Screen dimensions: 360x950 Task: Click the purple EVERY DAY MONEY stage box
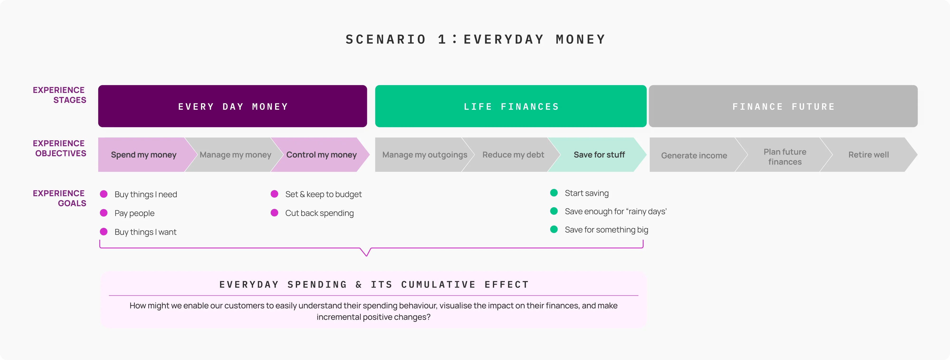pyautogui.click(x=232, y=106)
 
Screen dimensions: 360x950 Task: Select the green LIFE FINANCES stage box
pyautogui.click(x=511, y=106)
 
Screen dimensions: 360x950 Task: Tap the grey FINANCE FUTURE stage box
pyautogui.click(x=783, y=106)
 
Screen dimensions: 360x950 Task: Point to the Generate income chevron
pyautogui.click(x=694, y=155)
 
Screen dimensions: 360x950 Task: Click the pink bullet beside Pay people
pyautogui.click(x=104, y=213)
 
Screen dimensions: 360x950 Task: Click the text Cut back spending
pyautogui.click(x=319, y=213)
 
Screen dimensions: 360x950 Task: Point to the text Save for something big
pyautogui.click(x=606, y=230)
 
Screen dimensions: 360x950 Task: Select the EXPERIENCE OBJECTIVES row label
pyautogui.click(x=59, y=148)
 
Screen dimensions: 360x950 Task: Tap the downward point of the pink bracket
pyautogui.click(x=366, y=255)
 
